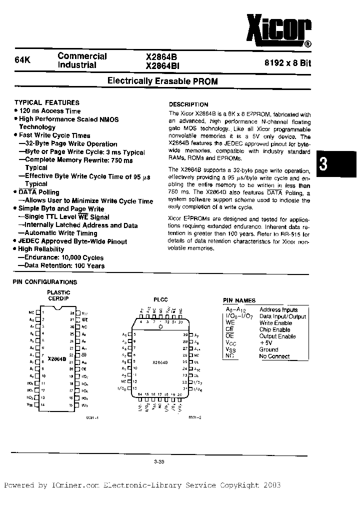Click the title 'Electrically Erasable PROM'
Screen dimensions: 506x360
coord(163,81)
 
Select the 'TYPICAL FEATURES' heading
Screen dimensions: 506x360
coord(46,102)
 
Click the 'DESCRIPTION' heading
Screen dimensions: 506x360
coord(188,104)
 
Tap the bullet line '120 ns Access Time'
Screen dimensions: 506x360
coord(49,111)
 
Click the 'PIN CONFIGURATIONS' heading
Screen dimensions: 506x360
coord(44,282)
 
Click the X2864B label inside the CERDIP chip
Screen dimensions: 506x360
coord(57,359)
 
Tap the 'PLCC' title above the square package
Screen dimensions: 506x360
coord(160,299)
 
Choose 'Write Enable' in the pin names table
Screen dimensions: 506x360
coord(275,323)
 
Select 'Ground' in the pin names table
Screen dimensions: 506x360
coord(268,350)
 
